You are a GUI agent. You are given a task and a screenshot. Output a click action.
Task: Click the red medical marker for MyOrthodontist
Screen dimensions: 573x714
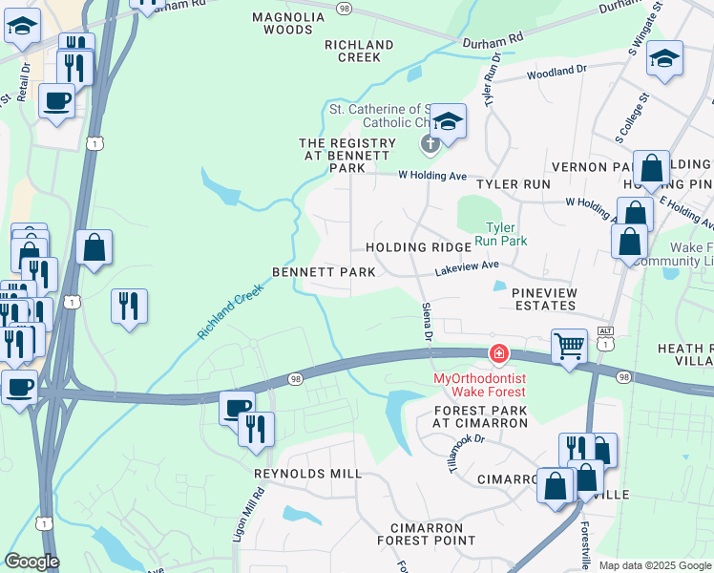498,354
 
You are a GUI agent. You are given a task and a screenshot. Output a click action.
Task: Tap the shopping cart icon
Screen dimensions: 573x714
569,345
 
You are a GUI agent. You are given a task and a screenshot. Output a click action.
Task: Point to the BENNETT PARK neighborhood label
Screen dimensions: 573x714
324,272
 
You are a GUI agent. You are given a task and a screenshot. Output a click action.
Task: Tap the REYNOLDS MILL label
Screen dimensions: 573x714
307,474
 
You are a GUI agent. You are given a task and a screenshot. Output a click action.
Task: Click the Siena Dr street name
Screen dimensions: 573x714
427,321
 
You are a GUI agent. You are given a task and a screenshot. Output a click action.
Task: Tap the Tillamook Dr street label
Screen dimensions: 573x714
467,453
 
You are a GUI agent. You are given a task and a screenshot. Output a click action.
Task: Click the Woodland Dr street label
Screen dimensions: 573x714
556,72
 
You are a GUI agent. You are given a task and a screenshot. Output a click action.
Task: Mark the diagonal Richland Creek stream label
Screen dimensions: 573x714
230,311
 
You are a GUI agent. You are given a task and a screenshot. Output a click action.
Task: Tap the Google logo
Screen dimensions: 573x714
31,562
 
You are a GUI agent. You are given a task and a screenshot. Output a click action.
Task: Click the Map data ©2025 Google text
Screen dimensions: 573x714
655,565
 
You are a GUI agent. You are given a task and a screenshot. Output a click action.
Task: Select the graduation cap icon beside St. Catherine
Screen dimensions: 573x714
447,121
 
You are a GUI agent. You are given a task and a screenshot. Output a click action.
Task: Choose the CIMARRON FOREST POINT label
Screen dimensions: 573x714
432,534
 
